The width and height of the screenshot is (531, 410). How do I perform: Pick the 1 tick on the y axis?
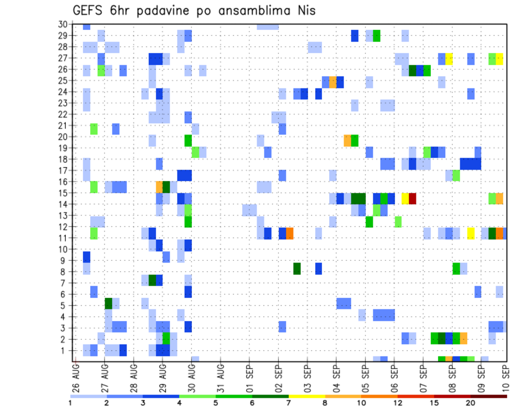64,350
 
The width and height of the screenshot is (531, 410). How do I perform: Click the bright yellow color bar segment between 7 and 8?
307,396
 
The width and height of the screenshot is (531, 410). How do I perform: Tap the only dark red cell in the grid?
412,198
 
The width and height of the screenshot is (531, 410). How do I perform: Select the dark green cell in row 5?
108,303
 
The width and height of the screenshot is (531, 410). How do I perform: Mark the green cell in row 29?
377,36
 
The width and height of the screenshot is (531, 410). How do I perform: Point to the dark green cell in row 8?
297,269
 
